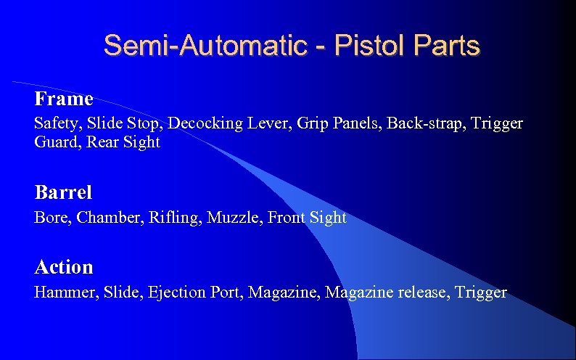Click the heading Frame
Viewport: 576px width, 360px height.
tap(64, 99)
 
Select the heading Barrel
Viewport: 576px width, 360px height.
tap(63, 193)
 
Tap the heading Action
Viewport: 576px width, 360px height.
tap(64, 268)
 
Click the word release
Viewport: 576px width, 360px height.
tap(419, 293)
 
